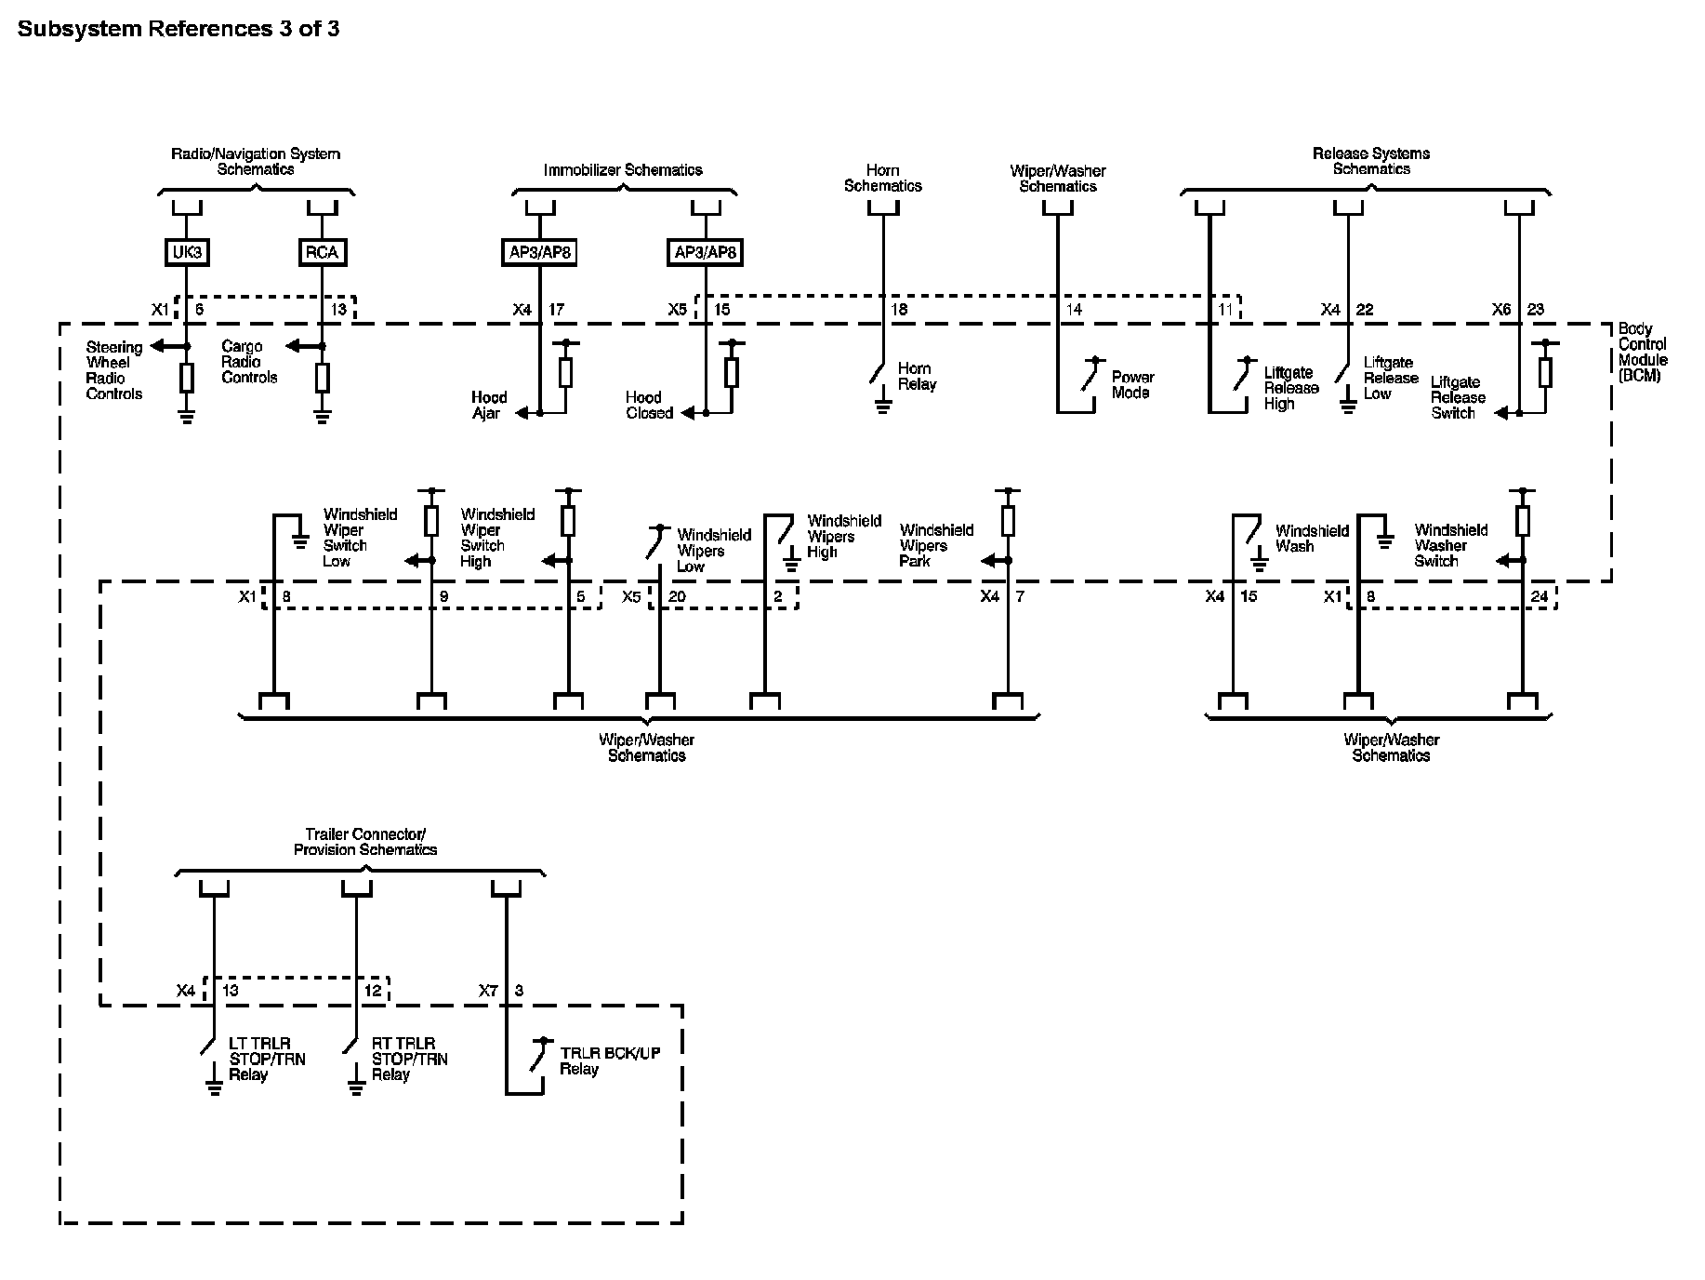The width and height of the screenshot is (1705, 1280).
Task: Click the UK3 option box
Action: click(187, 252)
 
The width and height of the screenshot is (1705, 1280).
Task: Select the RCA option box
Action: click(322, 252)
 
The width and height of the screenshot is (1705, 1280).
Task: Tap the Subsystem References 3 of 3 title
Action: click(178, 29)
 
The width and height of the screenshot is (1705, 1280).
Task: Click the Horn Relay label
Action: click(917, 377)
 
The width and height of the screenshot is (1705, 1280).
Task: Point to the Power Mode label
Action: click(1132, 385)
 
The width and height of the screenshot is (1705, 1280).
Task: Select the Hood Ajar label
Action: click(488, 406)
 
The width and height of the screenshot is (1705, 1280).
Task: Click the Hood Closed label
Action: click(649, 406)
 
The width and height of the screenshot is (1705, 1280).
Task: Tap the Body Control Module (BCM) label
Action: click(1643, 353)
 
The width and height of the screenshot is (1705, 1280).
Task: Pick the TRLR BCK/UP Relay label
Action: click(609, 1061)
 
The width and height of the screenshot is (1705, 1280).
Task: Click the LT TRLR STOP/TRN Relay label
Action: click(267, 1060)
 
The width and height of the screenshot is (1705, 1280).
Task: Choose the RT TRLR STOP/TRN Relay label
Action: click(409, 1060)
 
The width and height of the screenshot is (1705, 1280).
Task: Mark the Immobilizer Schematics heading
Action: click(623, 170)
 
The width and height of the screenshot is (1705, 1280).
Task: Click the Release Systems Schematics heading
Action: click(1371, 161)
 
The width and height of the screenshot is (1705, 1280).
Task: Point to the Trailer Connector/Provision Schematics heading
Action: click(365, 842)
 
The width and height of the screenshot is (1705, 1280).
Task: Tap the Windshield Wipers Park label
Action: click(936, 545)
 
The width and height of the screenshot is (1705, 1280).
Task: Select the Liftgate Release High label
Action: click(1291, 388)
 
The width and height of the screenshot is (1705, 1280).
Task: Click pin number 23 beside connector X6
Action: click(1535, 310)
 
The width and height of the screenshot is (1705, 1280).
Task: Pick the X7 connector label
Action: click(488, 991)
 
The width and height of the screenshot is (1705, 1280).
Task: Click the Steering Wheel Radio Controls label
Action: click(114, 370)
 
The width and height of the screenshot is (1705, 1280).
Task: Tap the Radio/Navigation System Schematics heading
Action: click(256, 161)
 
